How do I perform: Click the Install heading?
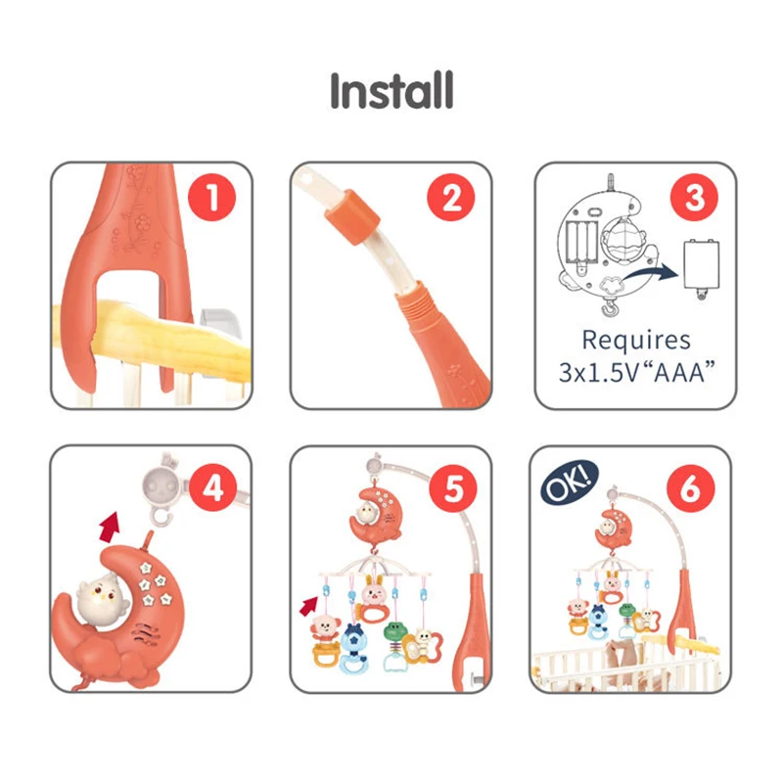pos(391,90)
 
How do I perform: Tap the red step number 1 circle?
pos(211,198)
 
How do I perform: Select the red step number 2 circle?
pos(451,198)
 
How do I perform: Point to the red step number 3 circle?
pos(694,198)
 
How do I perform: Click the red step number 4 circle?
pos(213,487)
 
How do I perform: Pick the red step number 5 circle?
pos(453,487)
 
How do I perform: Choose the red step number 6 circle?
pos(691,487)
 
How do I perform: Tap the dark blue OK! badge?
pos(570,483)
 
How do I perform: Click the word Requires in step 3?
pos(636,341)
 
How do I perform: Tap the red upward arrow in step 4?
pos(111,527)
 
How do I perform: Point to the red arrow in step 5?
pos(308,606)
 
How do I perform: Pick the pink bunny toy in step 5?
pos(374,599)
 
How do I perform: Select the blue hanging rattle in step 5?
pos(353,648)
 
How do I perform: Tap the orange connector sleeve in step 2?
pos(352,216)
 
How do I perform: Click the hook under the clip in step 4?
pos(162,517)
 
